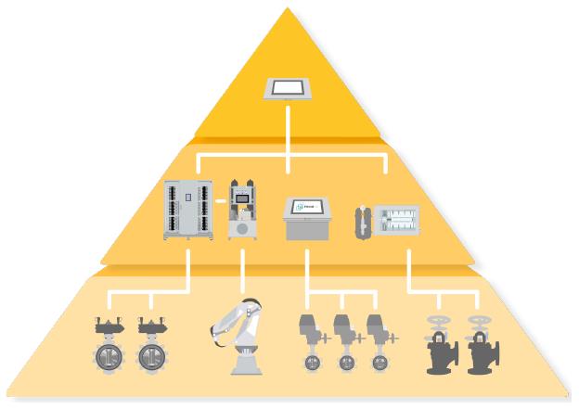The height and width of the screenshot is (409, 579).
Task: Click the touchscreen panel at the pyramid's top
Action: click(288, 89)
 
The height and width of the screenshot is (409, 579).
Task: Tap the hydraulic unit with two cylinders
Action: click(244, 211)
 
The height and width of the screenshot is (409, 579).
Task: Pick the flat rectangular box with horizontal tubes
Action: click(396, 220)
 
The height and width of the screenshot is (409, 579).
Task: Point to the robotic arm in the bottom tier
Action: click(244, 335)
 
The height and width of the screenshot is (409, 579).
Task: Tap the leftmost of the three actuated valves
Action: click(311, 342)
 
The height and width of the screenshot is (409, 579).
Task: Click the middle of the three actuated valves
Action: click(345, 342)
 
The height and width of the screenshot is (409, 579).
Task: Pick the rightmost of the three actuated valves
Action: click(380, 342)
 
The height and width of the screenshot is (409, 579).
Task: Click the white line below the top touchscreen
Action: click(288, 130)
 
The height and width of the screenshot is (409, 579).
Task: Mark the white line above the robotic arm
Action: click(243, 275)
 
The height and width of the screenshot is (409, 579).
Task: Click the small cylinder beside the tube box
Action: click(362, 221)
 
